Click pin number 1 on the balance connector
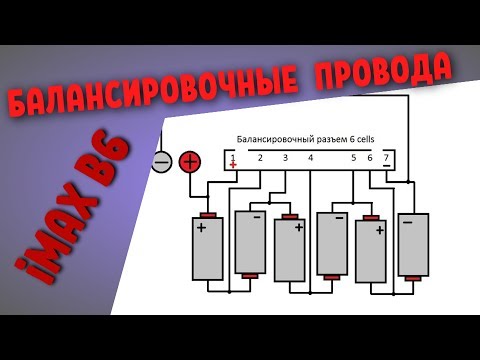click(233, 157)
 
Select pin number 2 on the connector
click(259, 157)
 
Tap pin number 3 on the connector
click(285, 157)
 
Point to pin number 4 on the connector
click(311, 157)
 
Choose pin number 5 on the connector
click(354, 157)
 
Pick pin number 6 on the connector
click(370, 157)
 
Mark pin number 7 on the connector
click(386, 157)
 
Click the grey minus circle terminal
click(162, 160)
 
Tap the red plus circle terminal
click(189, 160)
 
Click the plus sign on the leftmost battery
click(202, 227)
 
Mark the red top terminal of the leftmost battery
click(208, 216)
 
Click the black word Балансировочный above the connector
click(271, 139)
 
